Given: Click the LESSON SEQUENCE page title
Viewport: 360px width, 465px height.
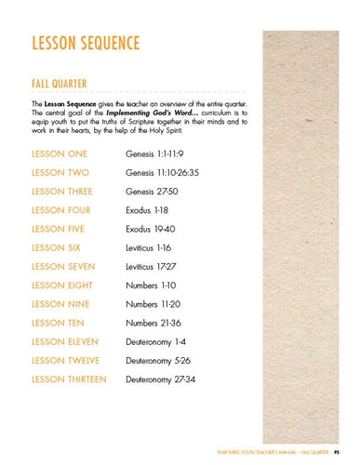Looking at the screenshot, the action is point(86,45).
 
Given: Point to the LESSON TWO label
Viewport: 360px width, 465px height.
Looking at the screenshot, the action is point(60,172).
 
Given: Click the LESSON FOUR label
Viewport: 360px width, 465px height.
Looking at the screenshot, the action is point(60,210).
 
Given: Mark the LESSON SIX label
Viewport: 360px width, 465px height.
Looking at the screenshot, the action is point(56,247).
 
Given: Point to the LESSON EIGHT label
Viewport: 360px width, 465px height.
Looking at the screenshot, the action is point(61,286).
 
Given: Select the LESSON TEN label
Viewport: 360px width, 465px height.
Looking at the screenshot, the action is point(58,323).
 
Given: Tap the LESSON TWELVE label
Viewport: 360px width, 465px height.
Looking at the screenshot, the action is point(66,361).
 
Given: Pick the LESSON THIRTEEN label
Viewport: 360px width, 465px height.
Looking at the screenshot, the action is point(69,379).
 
